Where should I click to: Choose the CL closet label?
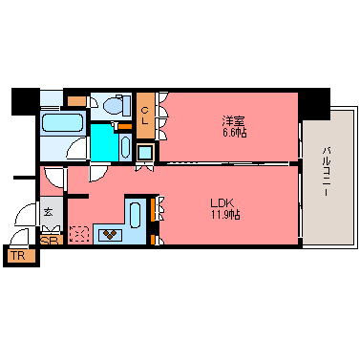point(145,115)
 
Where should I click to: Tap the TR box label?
point(18,256)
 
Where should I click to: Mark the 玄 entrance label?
point(48,212)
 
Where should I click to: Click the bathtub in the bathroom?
point(64,121)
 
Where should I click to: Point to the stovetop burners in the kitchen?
point(112,232)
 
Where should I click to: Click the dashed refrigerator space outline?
point(80,233)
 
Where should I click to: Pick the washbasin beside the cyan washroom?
point(126,146)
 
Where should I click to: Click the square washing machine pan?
point(145,153)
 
